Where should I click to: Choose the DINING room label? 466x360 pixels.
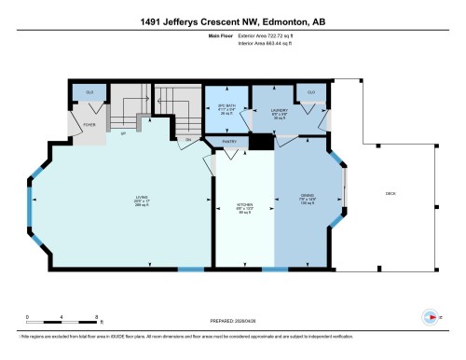[308, 199]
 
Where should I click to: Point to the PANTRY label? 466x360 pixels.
[229, 142]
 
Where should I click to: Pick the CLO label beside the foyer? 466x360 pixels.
[89, 93]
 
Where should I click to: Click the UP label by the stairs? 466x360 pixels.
[124, 134]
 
